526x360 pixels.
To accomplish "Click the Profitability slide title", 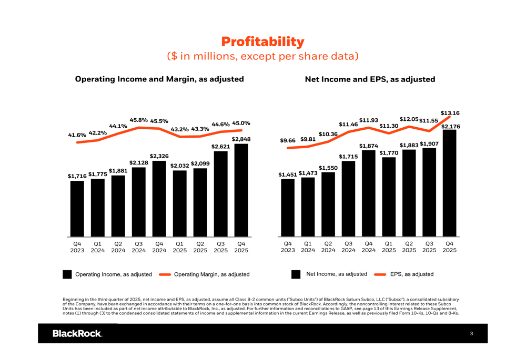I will (x=262, y=42).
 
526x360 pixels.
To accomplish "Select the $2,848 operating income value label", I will (x=241, y=139).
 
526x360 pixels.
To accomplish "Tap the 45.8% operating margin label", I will (x=139, y=120).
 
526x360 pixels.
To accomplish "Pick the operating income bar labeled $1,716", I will (x=77, y=208).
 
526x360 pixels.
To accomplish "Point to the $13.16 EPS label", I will (x=450, y=113).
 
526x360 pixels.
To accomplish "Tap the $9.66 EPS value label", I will (x=288, y=141).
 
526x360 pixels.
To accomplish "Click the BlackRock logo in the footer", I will (x=77, y=334).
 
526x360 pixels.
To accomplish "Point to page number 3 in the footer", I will (x=472, y=334).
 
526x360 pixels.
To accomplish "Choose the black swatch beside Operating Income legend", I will (x=67, y=274).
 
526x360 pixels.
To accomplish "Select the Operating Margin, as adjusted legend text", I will (x=211, y=274).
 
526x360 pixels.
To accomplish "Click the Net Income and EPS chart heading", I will (x=370, y=79).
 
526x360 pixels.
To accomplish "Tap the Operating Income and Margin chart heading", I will (x=159, y=79).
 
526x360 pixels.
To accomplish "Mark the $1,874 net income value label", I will (x=369, y=146).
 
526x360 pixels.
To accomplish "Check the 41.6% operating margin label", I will (x=77, y=135).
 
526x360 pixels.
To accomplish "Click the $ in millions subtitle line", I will (x=262, y=56).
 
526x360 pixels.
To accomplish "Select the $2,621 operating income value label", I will (x=221, y=147).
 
